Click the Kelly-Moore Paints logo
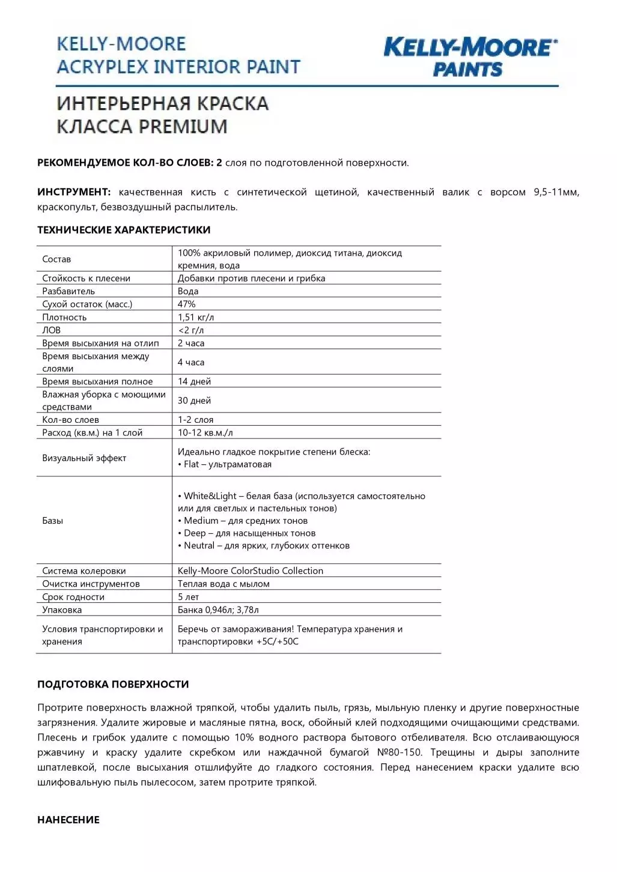coord(470,57)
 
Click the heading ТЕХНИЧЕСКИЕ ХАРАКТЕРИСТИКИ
coord(124,230)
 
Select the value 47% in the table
coord(187,304)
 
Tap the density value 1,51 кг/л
coord(196,318)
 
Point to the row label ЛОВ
coord(52,330)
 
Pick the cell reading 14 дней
coord(194,382)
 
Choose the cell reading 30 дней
coord(194,401)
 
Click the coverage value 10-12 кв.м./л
coord(205,433)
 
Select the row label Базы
coord(53,521)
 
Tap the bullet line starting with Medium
coord(243,521)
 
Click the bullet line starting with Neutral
coord(264,546)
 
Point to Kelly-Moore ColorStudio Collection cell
coord(251,571)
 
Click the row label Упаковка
coord(62,610)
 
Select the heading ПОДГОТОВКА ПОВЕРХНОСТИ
coord(113,685)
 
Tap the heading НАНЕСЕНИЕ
coord(68,820)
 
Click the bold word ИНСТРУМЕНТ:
coord(74,192)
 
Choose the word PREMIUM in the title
coord(183,127)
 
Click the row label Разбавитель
coord(68,291)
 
